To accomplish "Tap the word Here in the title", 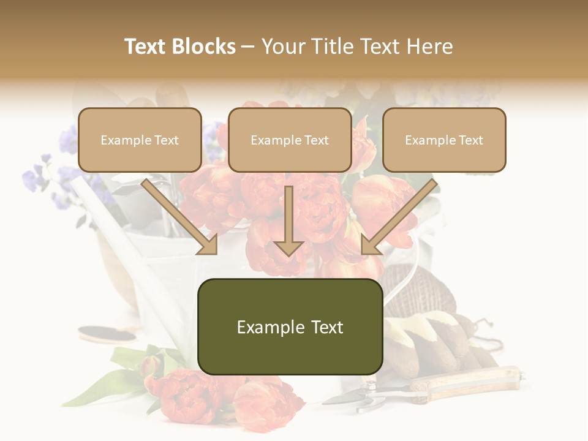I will pyautogui.click(x=430, y=47).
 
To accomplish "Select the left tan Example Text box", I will pyautogui.click(x=140, y=140).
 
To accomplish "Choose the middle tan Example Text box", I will pyautogui.click(x=290, y=140).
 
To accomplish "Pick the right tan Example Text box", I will pyautogui.click(x=444, y=140).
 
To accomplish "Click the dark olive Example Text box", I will pyautogui.click(x=290, y=327).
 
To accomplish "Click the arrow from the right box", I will pyautogui.click(x=399, y=217).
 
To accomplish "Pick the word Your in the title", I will pyautogui.click(x=283, y=47).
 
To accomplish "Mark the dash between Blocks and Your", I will pyautogui.click(x=248, y=47).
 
